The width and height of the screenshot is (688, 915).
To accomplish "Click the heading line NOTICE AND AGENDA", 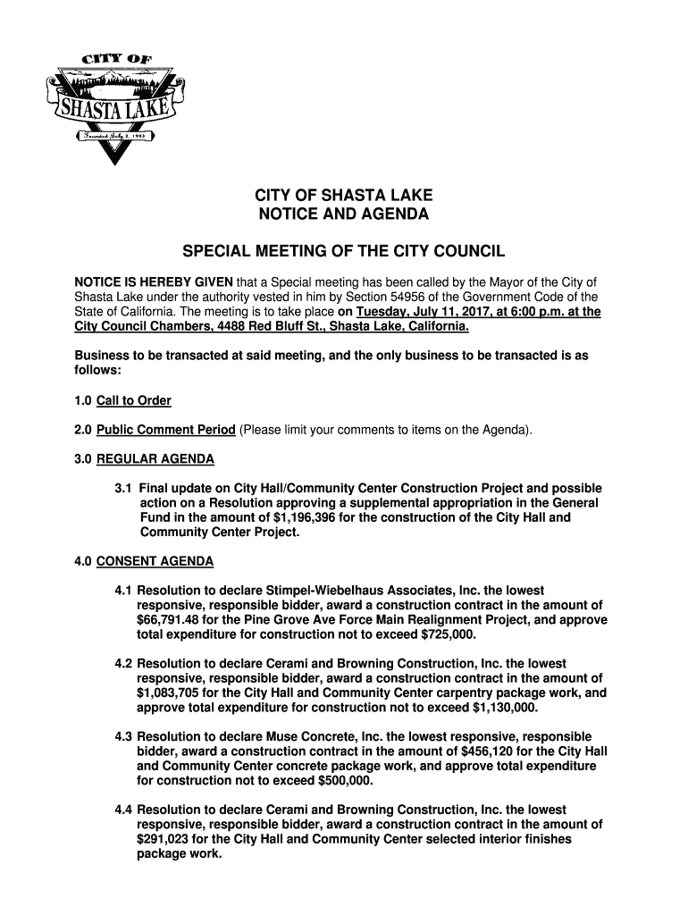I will (343, 215).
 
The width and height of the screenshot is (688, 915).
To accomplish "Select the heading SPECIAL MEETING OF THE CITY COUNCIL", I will (343, 253).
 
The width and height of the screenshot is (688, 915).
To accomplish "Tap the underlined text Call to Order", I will (134, 400).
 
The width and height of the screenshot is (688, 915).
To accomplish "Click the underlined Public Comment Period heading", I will (166, 430).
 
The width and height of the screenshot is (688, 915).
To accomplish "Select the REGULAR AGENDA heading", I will (155, 459).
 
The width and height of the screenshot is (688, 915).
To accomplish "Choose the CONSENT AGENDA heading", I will (155, 562).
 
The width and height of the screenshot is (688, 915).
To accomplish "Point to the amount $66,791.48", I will (175, 620).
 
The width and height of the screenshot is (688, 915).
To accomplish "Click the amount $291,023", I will (167, 839).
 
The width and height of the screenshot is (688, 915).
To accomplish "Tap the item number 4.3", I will (124, 736).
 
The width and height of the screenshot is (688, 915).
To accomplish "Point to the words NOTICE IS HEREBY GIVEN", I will (153, 282).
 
